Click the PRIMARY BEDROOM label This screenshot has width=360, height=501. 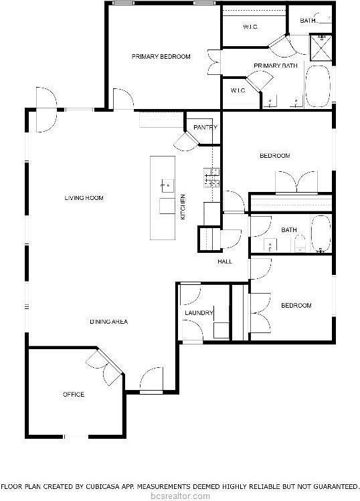[161, 57]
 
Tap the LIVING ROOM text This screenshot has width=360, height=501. [84, 198]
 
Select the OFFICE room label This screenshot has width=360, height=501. [74, 395]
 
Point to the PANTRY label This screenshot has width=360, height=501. [203, 127]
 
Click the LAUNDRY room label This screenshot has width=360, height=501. [199, 313]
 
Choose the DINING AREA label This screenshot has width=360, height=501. [108, 322]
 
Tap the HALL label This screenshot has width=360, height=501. [225, 261]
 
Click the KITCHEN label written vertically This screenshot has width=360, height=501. [183, 207]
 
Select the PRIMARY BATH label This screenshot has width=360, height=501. [275, 66]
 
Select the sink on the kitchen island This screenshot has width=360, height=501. [165, 183]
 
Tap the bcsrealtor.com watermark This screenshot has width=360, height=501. [180, 496]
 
